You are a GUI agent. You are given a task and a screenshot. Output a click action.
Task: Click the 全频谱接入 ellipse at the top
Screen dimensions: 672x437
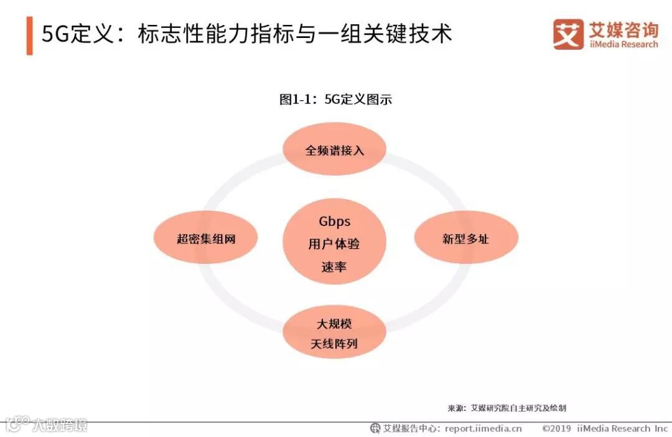(x=334, y=150)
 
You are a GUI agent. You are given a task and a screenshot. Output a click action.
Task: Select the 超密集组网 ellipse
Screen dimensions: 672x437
(x=205, y=238)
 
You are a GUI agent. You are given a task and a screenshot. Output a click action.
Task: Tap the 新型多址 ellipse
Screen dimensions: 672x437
(x=466, y=238)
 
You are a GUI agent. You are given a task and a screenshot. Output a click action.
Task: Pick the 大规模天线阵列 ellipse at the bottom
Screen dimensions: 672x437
(x=334, y=333)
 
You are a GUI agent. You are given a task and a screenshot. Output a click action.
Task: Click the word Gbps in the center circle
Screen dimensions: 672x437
(x=334, y=222)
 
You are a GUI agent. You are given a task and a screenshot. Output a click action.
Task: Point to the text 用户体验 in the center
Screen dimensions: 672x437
(x=334, y=244)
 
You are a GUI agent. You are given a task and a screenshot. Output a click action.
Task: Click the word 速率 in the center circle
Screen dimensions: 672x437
(x=334, y=267)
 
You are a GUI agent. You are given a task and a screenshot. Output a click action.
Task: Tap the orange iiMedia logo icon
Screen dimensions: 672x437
(x=568, y=34)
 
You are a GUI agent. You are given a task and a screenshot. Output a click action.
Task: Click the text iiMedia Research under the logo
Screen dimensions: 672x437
(x=622, y=45)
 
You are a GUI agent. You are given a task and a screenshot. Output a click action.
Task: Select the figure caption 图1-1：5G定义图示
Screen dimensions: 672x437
(x=335, y=100)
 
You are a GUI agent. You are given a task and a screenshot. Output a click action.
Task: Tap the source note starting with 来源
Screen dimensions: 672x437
(x=506, y=408)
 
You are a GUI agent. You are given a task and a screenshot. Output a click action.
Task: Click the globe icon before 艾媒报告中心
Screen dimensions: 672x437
(x=375, y=428)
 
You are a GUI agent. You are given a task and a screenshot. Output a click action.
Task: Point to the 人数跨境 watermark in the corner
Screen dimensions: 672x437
(x=60, y=425)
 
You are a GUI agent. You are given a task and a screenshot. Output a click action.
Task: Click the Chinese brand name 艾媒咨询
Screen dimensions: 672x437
(x=623, y=29)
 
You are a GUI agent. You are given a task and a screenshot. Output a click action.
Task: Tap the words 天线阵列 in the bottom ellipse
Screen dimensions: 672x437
(x=334, y=344)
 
